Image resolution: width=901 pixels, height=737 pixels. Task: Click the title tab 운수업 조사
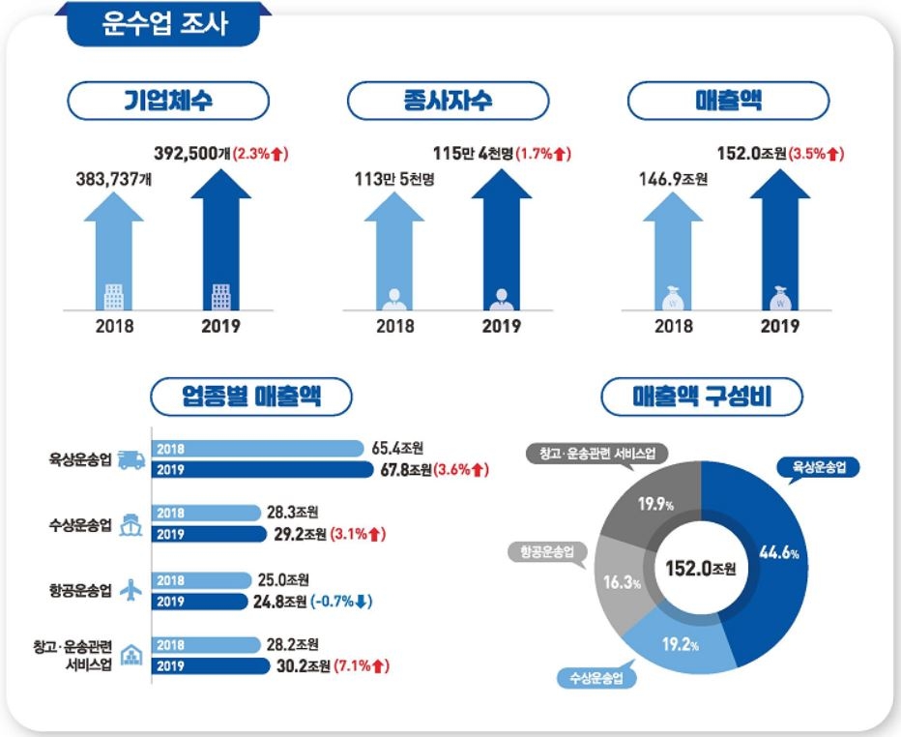(x=165, y=24)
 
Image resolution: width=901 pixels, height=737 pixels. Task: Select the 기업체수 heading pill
(x=167, y=100)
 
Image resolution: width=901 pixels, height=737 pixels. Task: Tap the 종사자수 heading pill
(x=448, y=100)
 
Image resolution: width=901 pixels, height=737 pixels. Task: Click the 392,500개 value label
(x=191, y=153)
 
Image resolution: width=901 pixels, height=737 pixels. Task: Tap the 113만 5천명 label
(x=399, y=178)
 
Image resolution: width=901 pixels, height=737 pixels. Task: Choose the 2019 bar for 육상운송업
(x=261, y=471)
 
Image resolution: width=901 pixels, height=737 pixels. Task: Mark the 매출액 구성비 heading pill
(x=702, y=396)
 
